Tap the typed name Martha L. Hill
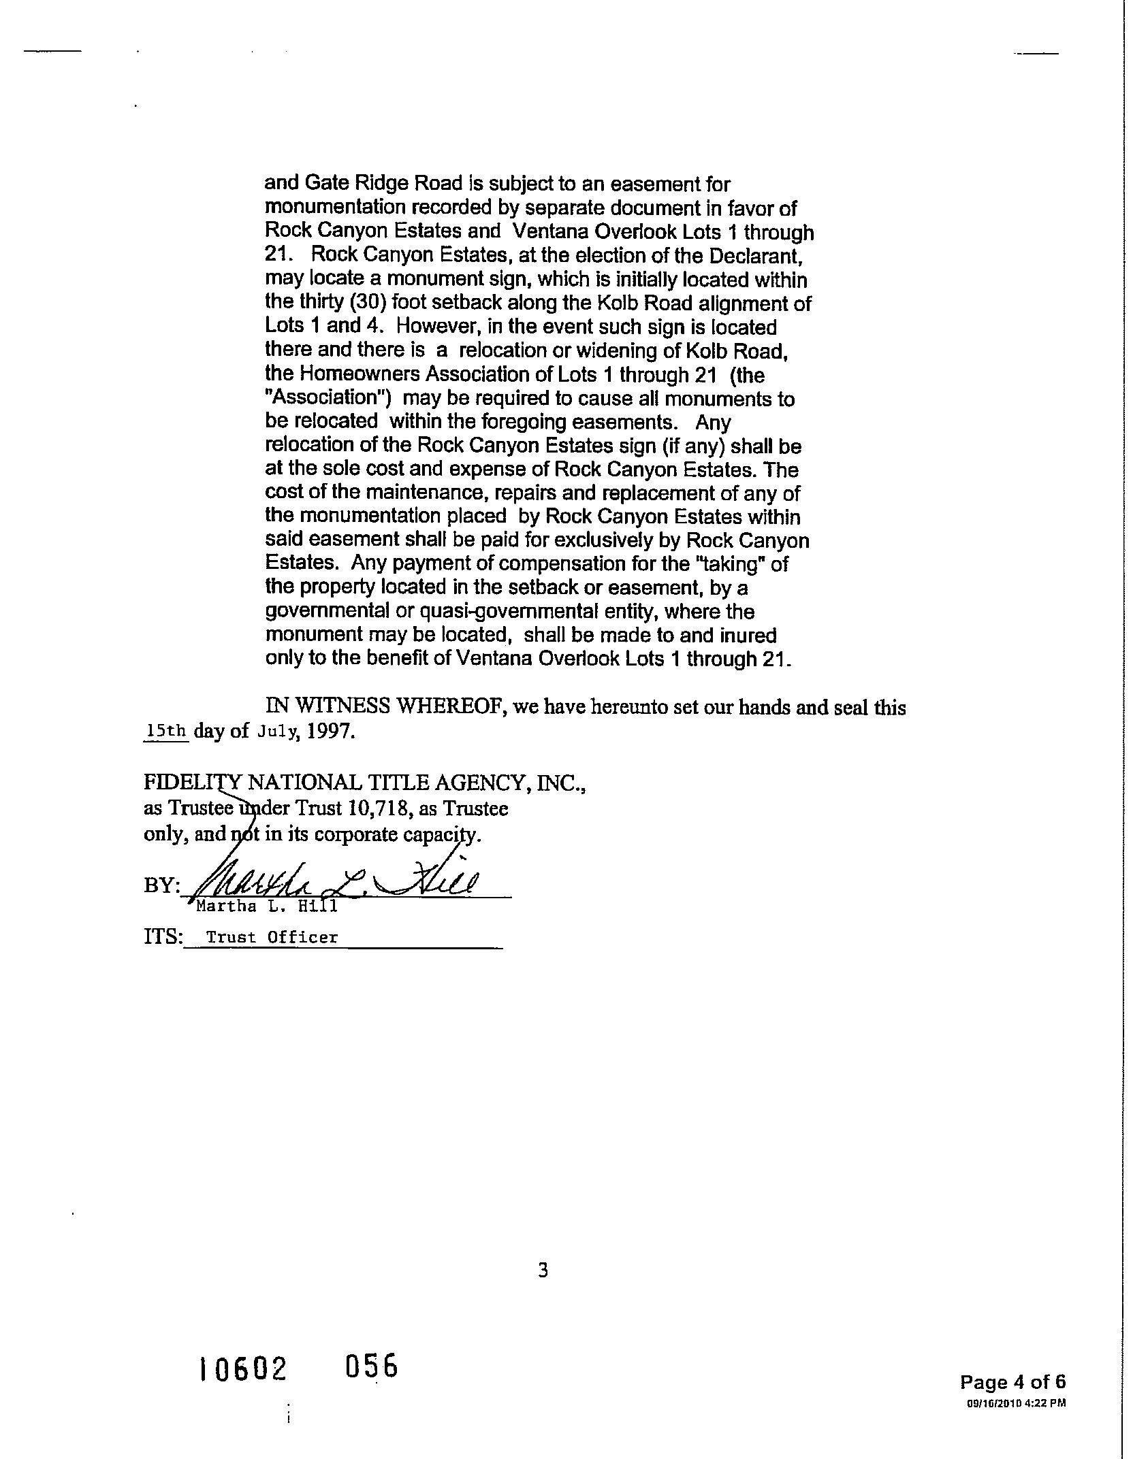point(266,907)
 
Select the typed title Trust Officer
point(272,938)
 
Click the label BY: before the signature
point(161,885)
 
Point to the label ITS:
point(163,937)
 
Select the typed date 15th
point(166,732)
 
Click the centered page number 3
point(543,1270)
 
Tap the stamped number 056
point(371,1366)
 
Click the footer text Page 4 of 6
point(1012,1382)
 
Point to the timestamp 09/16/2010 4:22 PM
point(1017,1403)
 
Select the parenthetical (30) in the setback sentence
point(368,304)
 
